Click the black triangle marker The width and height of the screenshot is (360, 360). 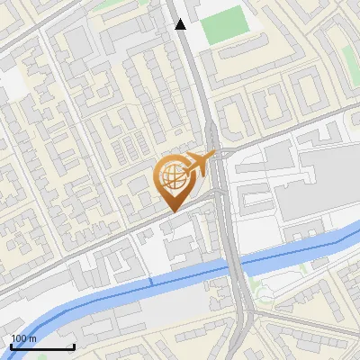click(181, 24)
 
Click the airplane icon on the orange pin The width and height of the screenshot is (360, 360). click(200, 163)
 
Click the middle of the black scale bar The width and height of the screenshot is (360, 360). click(42, 346)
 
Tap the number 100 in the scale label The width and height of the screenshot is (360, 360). click(18, 338)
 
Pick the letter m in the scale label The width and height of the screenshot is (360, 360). click(32, 338)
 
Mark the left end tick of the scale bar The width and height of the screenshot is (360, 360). click(12, 346)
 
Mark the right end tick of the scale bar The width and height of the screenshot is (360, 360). click(73, 346)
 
